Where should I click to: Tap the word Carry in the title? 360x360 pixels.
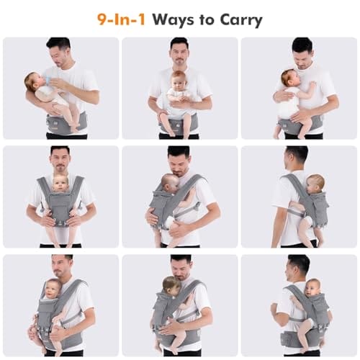point(238,19)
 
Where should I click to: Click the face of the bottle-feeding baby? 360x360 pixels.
point(34,81)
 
